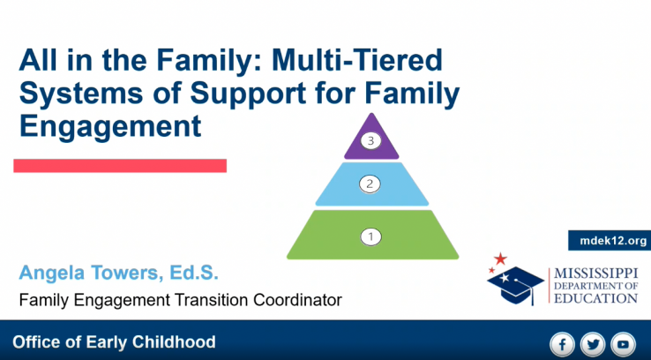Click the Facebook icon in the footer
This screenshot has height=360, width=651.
[x=563, y=344]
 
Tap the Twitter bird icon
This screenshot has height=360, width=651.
[x=593, y=344]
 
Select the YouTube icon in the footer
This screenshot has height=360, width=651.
[x=623, y=344]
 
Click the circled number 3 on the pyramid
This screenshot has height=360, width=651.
[x=370, y=141]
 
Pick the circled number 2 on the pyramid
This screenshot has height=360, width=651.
[x=370, y=184]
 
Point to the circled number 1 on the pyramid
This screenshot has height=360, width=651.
[x=370, y=237]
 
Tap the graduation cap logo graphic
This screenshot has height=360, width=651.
[x=516, y=285]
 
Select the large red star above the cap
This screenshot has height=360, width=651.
[x=500, y=259]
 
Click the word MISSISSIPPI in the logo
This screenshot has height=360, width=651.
[x=595, y=274]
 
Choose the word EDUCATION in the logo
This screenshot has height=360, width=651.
[x=595, y=298]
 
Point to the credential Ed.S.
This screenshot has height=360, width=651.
[x=193, y=273]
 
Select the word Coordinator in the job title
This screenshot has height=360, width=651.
[x=297, y=300]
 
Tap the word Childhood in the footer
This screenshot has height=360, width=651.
[x=174, y=342]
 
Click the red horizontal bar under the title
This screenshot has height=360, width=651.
[x=120, y=166]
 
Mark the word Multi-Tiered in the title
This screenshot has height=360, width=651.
[x=357, y=60]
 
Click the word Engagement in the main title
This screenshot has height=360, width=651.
[x=110, y=126]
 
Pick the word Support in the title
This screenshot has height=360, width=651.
[x=248, y=94]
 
